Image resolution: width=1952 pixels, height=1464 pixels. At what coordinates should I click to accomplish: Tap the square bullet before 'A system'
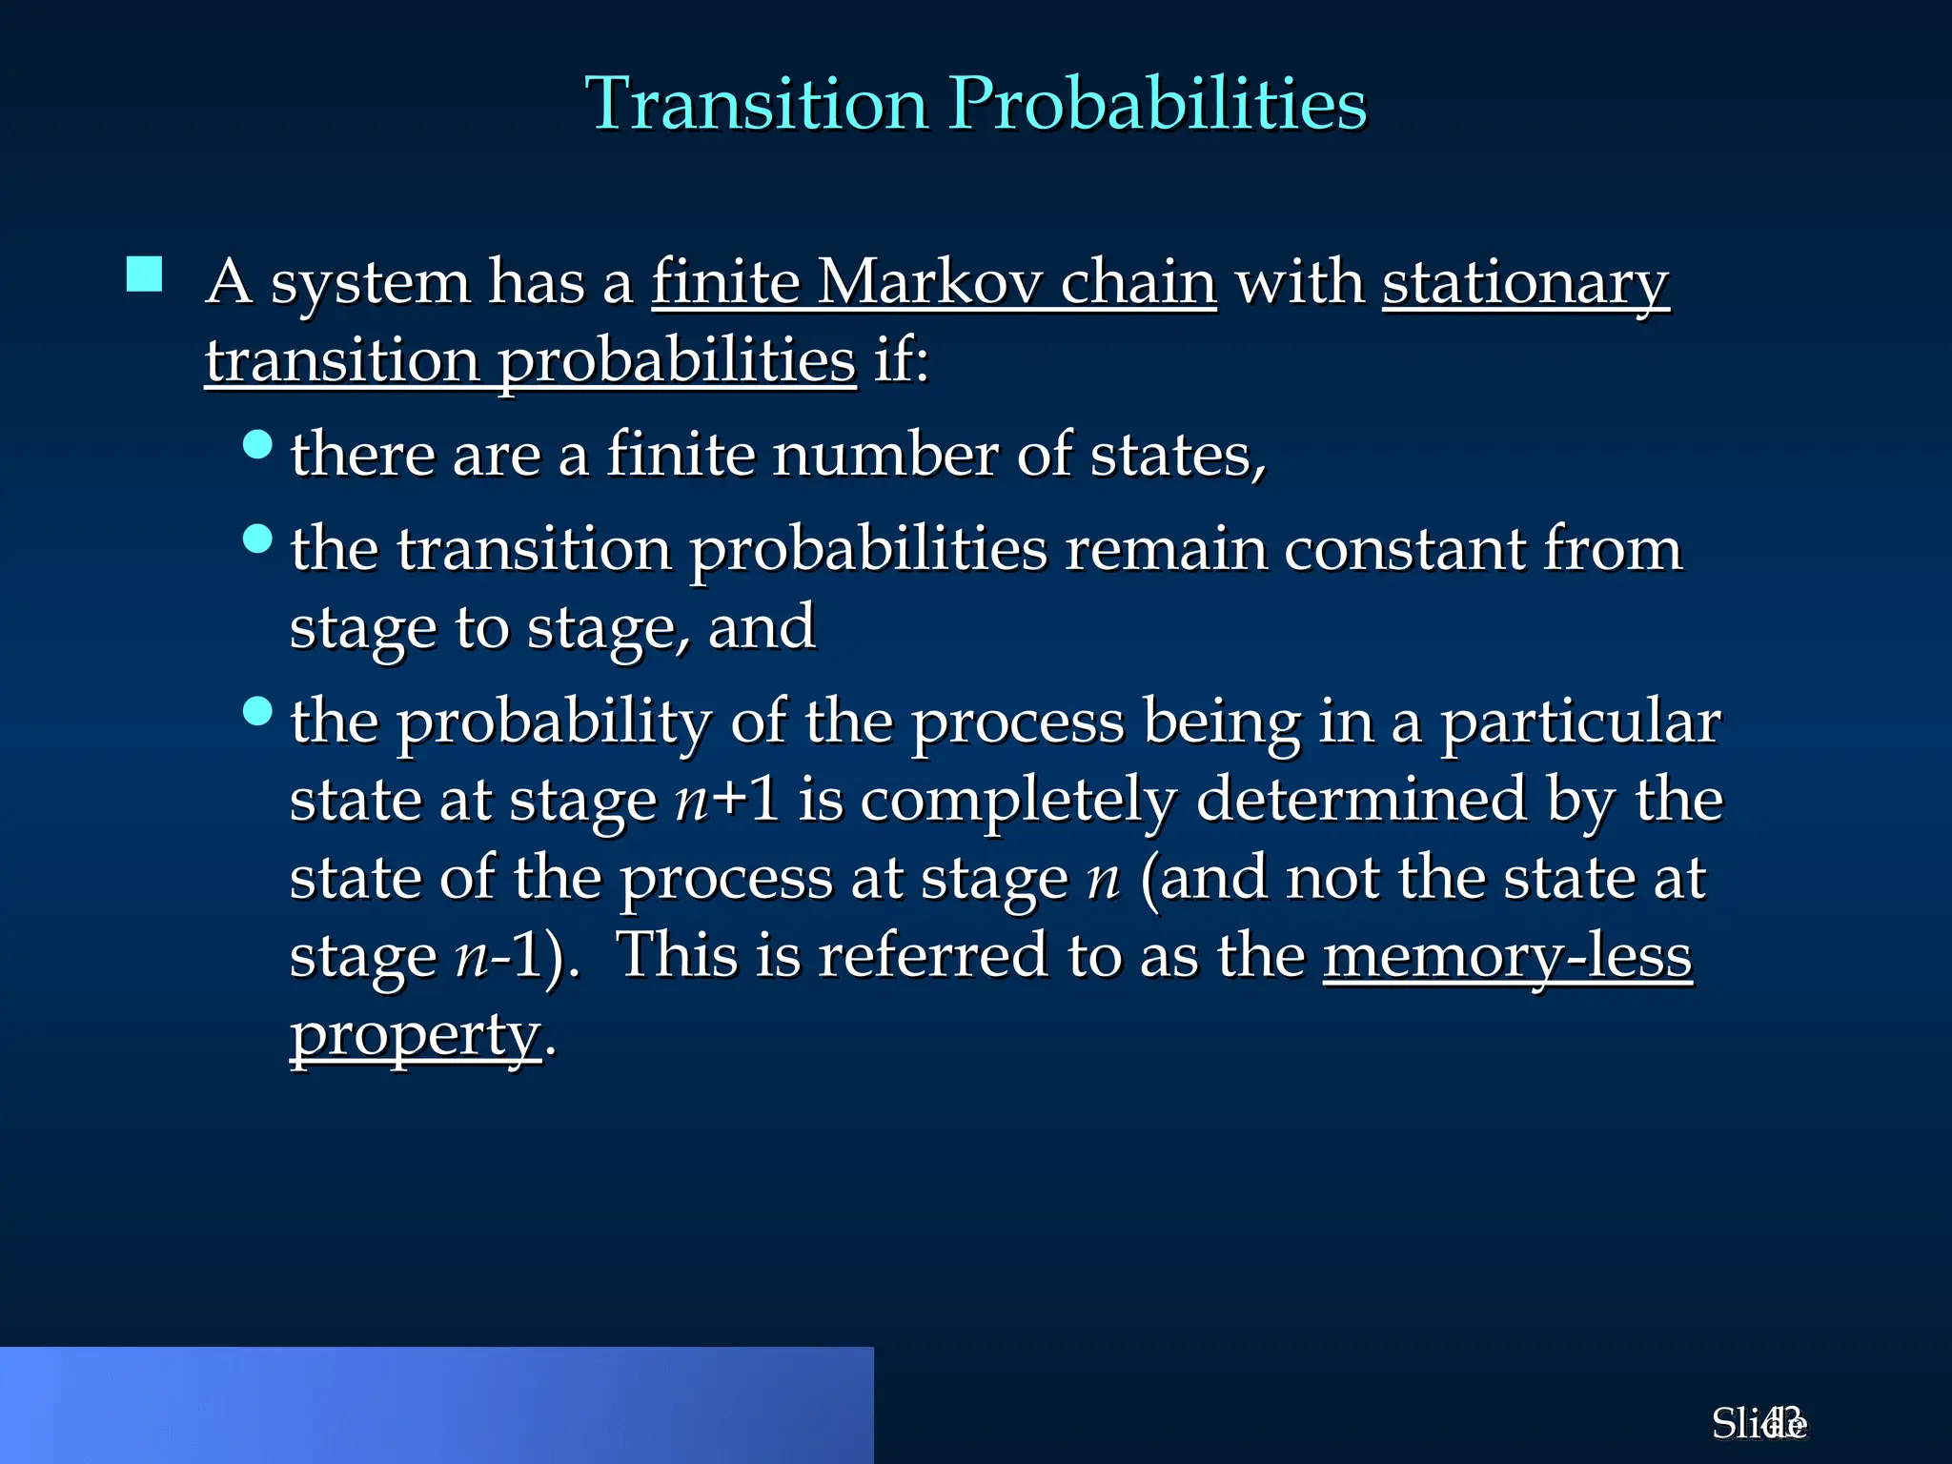144,274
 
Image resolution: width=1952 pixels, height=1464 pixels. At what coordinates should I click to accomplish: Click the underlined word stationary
1525,284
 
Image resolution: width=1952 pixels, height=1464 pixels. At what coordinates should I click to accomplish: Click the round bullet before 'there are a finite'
257,444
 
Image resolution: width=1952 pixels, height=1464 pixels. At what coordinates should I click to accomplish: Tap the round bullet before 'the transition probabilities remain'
257,539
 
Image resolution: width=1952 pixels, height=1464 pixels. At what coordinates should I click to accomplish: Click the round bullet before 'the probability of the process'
257,711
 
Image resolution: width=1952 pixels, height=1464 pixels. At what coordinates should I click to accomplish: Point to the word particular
1579,722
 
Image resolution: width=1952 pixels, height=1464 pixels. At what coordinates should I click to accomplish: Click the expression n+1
726,799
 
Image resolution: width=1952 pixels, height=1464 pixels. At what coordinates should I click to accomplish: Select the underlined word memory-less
1507,956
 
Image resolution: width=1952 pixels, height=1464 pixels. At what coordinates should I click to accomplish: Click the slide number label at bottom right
1759,1423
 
